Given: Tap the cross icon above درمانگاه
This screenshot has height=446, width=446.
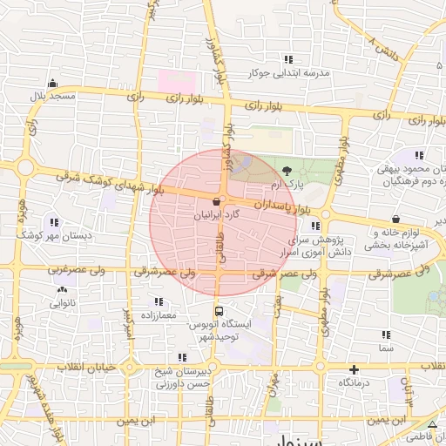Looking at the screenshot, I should point(353,369).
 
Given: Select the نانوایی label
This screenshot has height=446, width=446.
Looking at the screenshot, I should point(61,304).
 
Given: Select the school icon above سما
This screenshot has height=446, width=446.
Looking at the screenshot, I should point(385,334).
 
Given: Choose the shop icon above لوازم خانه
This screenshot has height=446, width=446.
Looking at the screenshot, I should point(396,220).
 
